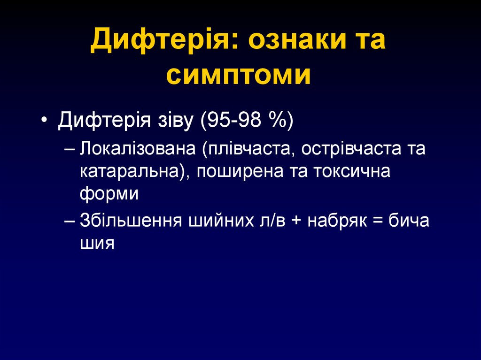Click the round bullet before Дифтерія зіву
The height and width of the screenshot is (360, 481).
pyautogui.click(x=44, y=122)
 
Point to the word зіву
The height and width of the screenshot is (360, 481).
pyautogui.click(x=174, y=122)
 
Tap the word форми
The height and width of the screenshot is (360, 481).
pyautogui.click(x=109, y=193)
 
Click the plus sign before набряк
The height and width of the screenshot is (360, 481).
pyautogui.click(x=296, y=221)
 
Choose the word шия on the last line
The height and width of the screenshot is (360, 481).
pyautogui.click(x=97, y=243)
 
